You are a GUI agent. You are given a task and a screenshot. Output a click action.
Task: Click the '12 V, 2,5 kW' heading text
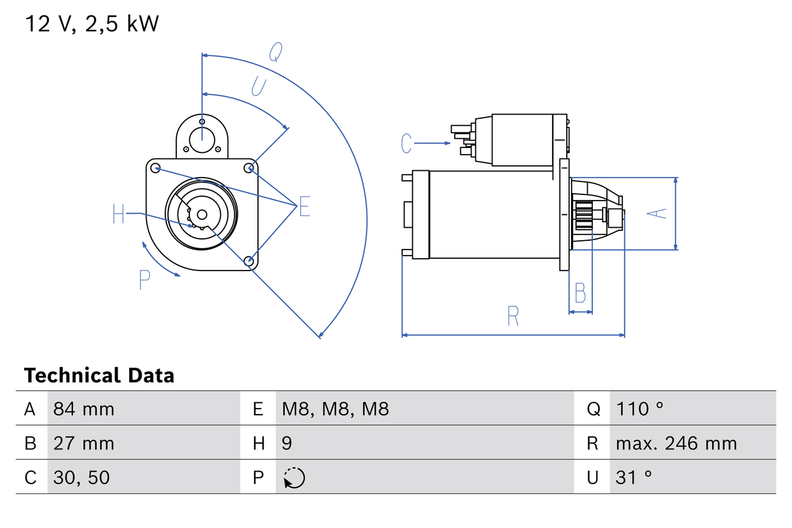[92, 24]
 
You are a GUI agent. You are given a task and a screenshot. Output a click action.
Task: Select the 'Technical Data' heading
[99, 375]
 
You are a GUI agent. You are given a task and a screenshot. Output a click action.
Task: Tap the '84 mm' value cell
[84, 409]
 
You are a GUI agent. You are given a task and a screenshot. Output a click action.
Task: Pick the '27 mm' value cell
[84, 443]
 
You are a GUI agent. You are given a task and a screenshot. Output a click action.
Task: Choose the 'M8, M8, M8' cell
[335, 409]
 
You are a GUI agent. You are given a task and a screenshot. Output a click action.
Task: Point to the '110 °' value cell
[640, 409]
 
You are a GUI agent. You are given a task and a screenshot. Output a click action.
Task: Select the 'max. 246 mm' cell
[676, 443]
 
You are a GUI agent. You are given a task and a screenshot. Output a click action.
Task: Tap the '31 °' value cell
[634, 477]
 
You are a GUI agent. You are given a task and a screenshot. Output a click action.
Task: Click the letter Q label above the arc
[276, 53]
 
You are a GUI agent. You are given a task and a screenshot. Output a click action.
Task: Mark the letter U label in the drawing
[259, 87]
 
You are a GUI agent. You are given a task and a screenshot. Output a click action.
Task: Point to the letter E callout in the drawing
[304, 207]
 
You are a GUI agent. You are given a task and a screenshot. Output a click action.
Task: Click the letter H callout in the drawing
[119, 214]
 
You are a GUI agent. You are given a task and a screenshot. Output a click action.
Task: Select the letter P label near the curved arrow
[144, 280]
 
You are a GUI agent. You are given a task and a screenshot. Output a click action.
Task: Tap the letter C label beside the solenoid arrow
[406, 143]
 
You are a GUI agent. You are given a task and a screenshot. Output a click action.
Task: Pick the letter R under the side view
[513, 316]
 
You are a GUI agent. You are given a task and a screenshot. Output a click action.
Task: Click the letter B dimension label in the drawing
[580, 293]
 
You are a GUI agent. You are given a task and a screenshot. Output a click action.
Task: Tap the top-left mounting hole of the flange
[156, 168]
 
